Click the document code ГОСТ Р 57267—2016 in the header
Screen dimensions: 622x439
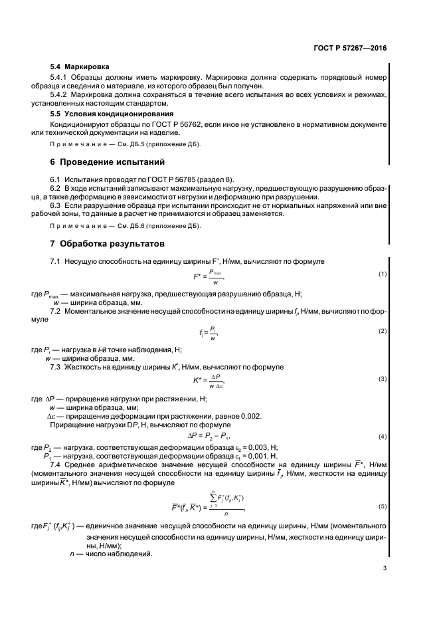[x=350, y=49]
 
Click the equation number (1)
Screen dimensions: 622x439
[x=383, y=274]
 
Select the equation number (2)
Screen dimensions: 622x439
[x=383, y=330]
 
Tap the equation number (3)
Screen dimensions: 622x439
[x=383, y=379]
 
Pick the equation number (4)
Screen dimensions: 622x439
[x=383, y=436]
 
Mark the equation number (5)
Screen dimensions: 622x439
[x=383, y=506]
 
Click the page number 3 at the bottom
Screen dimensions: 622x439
[x=385, y=568]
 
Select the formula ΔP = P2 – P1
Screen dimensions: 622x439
[x=209, y=437]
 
